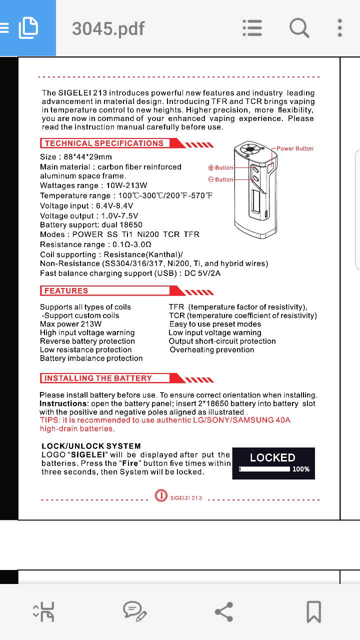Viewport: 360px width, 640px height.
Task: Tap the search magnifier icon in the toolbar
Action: pos(299,28)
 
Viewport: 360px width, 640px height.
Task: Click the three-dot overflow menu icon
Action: pos(339,28)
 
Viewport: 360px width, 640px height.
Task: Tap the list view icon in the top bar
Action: pos(252,28)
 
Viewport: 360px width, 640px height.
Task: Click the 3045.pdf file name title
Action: pos(108,28)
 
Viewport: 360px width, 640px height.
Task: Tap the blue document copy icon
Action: pos(28,28)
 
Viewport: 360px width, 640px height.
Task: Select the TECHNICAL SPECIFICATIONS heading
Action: pos(104,143)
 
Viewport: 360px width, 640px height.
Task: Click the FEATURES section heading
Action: pos(66,291)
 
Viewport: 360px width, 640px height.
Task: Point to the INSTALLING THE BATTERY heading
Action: pos(98,378)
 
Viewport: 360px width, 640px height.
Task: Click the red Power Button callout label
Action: pos(295,148)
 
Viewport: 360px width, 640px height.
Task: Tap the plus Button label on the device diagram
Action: pos(221,168)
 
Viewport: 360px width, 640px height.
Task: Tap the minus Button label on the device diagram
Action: pos(221,179)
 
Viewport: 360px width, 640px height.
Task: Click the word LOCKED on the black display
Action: pos(272,457)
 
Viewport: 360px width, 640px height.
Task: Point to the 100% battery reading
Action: pos(301,469)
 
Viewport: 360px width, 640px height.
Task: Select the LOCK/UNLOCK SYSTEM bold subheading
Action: pos(91,446)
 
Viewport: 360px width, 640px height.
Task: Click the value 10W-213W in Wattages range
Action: pos(126,185)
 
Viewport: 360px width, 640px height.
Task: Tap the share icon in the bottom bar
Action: pos(223,611)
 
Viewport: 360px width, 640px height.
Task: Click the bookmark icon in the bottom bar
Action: pos(313,611)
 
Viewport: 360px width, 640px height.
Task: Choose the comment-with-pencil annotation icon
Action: pos(134,611)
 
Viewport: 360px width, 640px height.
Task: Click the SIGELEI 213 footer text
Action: pos(186,498)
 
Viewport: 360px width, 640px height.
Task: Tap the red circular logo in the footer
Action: pos(161,495)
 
